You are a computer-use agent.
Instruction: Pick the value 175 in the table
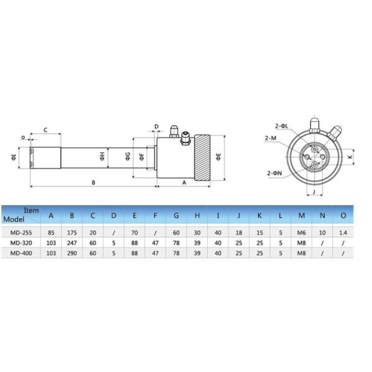click(x=72, y=232)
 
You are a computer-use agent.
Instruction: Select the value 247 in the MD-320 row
click(x=72, y=244)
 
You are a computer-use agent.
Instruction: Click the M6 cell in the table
click(x=302, y=232)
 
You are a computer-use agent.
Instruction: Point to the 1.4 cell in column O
click(x=343, y=232)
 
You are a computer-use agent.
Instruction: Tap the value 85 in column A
click(x=51, y=232)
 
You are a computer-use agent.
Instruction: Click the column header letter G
click(x=176, y=216)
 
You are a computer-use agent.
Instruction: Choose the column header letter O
click(x=343, y=216)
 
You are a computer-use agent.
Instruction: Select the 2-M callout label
click(x=270, y=138)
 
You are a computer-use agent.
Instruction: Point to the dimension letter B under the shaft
click(x=93, y=182)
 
